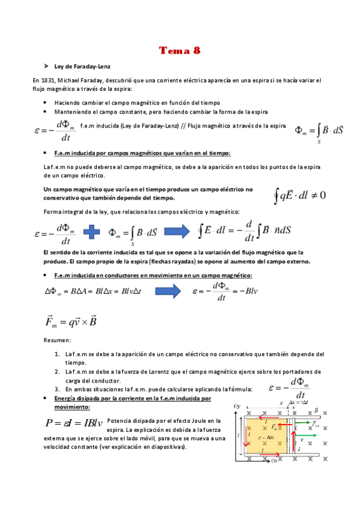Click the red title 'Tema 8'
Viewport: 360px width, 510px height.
[180, 51]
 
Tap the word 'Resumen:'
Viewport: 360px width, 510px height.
[57, 341]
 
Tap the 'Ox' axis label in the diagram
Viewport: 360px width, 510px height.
[273, 461]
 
